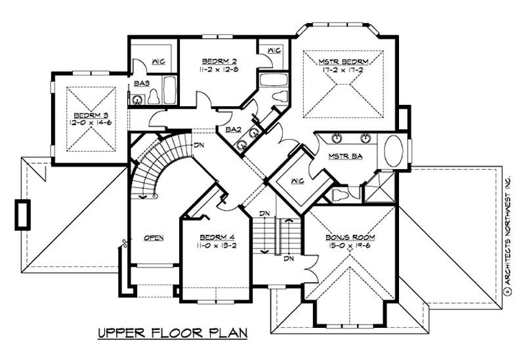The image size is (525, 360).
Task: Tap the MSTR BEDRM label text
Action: [x=343, y=62]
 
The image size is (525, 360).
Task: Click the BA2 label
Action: [x=232, y=130]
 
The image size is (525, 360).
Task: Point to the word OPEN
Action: [x=154, y=237]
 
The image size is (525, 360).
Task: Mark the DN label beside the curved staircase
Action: [x=198, y=146]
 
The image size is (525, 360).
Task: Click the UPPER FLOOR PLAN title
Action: [x=172, y=332]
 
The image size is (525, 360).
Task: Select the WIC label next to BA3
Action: [x=158, y=62]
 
